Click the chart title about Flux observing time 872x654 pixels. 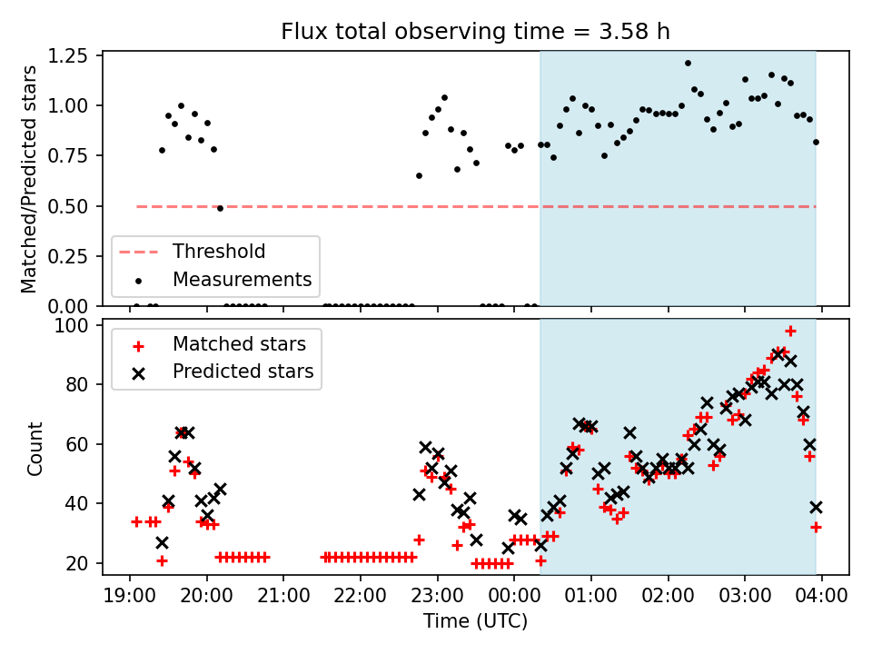pyautogui.click(x=475, y=32)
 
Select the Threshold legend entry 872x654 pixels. pyautogui.click(x=219, y=252)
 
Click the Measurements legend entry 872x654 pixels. pyautogui.click(x=242, y=279)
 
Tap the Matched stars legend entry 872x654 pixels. pyautogui.click(x=239, y=344)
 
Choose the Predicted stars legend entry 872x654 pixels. pyautogui.click(x=243, y=372)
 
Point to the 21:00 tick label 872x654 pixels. pyautogui.click(x=283, y=598)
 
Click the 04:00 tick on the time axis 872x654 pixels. pyautogui.click(x=822, y=598)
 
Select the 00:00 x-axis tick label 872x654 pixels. pyautogui.click(x=514, y=598)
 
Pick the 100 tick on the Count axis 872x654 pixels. pyautogui.click(x=79, y=325)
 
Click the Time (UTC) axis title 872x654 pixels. pyautogui.click(x=475, y=622)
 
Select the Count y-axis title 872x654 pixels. pyautogui.click(x=35, y=448)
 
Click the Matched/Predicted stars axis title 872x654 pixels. pyautogui.click(x=29, y=179)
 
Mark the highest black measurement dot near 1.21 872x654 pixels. pyautogui.click(x=688, y=64)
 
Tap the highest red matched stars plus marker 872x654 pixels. pyautogui.click(x=790, y=331)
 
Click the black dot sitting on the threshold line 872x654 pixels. pyautogui.click(x=220, y=208)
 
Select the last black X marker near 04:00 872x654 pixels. pyautogui.click(x=816, y=507)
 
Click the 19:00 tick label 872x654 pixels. pyautogui.click(x=129, y=598)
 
